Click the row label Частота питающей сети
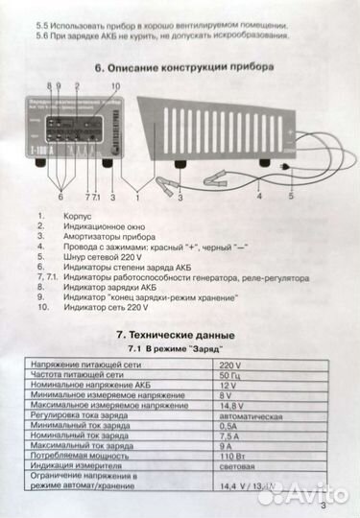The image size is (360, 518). pyautogui.click(x=80, y=377)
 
